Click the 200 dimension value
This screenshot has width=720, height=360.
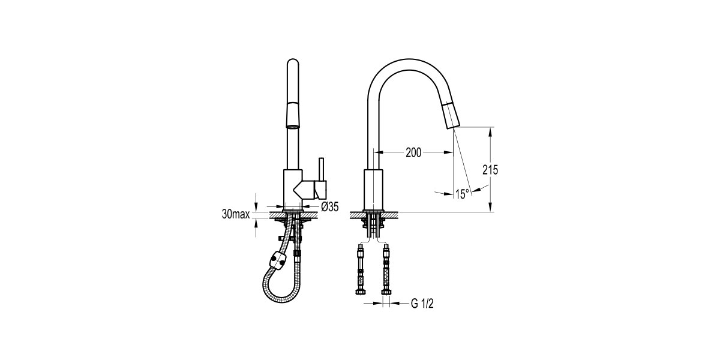point(413,152)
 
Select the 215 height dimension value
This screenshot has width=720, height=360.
point(490,170)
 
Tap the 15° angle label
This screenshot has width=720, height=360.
point(462,194)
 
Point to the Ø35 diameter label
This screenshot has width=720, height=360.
point(330,206)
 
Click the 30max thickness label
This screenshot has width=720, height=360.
point(236,214)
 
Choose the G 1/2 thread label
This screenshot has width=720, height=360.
point(422,303)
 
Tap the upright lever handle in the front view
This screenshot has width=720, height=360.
point(321,169)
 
